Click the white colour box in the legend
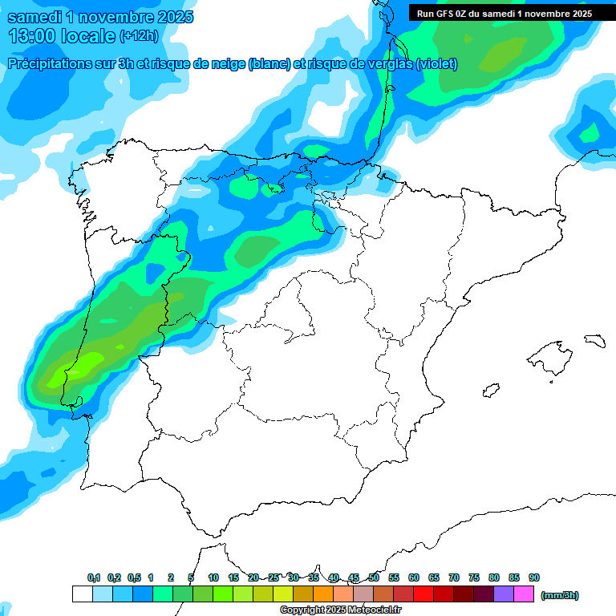pos(82,594)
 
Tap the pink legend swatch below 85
pos(524,594)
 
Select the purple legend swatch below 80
pos(504,594)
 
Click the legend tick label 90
pos(533,577)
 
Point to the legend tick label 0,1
pos(94,577)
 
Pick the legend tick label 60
pos(414,577)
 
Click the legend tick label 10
pos(213,577)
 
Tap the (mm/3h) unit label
pos(560,595)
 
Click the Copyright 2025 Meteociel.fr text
pos(341,610)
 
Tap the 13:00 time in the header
pos(33,36)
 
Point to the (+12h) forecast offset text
pos(139,36)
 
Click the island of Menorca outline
pos(594,340)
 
